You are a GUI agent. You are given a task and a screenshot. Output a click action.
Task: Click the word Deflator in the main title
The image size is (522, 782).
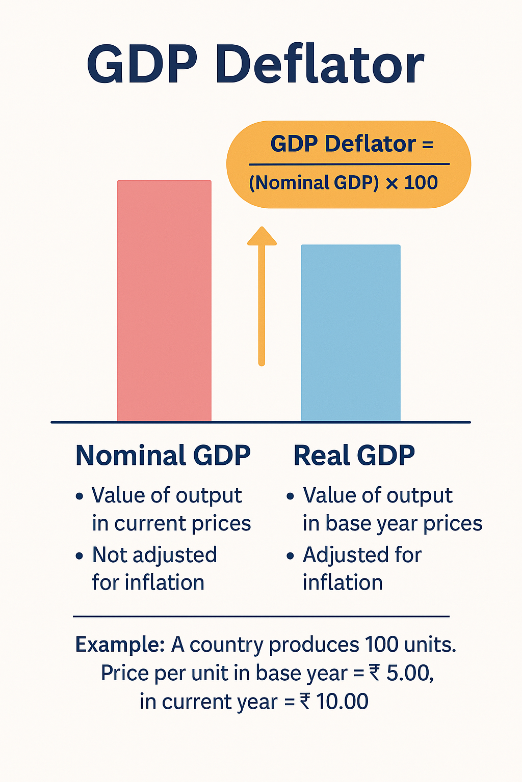click(320, 65)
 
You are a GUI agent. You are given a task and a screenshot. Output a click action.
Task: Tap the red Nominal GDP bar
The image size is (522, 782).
click(164, 300)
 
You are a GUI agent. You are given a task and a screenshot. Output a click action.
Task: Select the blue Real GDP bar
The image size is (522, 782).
click(351, 333)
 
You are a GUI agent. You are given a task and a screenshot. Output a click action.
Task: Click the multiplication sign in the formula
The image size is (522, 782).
click(391, 183)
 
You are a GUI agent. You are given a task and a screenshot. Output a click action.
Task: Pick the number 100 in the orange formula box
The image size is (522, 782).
click(421, 183)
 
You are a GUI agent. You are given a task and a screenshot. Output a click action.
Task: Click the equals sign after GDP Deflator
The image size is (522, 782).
click(428, 145)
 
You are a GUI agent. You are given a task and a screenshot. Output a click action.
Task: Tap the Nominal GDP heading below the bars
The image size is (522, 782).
click(163, 455)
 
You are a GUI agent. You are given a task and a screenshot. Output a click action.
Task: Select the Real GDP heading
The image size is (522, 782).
click(354, 455)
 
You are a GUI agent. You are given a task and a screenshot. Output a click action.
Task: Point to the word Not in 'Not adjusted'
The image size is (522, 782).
click(110, 555)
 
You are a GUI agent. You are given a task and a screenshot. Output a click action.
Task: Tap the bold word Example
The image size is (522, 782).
click(119, 645)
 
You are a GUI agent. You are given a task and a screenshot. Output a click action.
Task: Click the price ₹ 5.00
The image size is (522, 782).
click(401, 673)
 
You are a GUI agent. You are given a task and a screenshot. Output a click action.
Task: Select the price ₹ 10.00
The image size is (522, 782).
click(334, 702)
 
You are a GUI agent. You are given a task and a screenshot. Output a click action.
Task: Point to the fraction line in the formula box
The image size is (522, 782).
click(349, 164)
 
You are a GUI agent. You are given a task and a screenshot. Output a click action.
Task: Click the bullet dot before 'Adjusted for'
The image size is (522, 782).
click(290, 555)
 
